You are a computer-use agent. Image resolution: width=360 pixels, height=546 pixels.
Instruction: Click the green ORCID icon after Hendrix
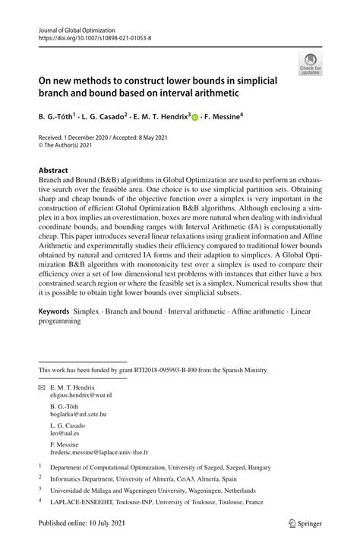point(195,118)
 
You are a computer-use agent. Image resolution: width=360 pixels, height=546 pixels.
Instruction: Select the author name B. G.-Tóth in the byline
point(62,118)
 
